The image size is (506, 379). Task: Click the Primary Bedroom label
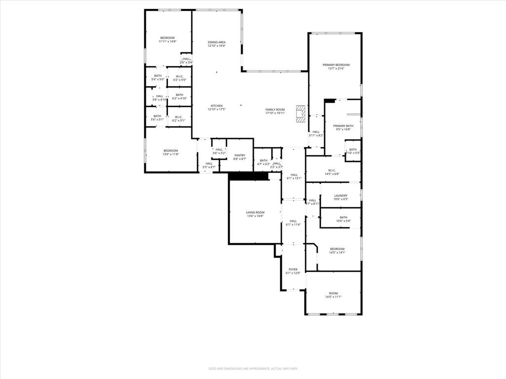[336, 65]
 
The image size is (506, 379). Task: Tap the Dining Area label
[216, 42]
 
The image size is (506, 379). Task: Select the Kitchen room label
[216, 106]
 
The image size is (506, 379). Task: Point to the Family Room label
[275, 110]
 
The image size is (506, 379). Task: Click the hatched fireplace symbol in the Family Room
[300, 113]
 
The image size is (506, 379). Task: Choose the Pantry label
[240, 155]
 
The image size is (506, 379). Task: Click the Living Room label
[255, 212]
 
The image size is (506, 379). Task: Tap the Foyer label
[293, 269]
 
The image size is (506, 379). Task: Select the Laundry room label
[340, 195]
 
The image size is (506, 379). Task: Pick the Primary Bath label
[343, 126]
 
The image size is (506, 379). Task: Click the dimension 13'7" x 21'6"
[336, 69]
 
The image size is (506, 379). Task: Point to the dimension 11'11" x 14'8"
[167, 42]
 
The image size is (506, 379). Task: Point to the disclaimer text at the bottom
[253, 368]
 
